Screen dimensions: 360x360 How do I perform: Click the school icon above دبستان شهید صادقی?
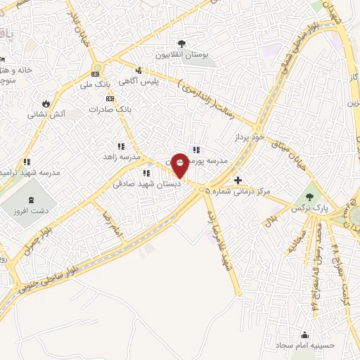point(146,173)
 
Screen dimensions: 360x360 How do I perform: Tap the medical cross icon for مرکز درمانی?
point(238,181)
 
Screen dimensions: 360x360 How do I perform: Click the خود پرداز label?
point(248,139)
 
